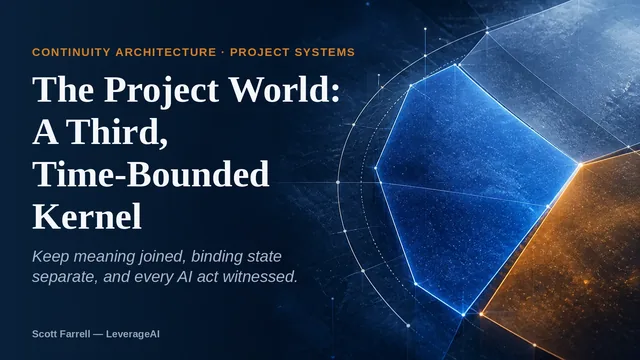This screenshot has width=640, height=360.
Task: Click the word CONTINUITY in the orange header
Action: point(71,52)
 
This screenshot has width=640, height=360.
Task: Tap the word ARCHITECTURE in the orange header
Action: point(166,52)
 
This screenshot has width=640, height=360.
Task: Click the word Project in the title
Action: point(161,91)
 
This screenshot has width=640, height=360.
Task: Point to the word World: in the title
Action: point(284,90)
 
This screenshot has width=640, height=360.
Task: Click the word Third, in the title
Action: point(117,132)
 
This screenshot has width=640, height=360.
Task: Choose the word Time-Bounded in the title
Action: point(151,174)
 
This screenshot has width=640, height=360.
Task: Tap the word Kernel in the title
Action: point(87,216)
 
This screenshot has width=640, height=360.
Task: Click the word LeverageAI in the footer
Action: point(133,334)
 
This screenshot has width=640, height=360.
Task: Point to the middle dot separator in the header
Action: point(223,52)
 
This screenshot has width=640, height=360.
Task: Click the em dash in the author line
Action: point(98,334)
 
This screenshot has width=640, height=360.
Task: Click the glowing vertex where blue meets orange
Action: point(580,164)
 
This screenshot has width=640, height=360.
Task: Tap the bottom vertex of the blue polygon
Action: point(463,315)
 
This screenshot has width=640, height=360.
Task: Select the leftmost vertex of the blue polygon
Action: point(376,168)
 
